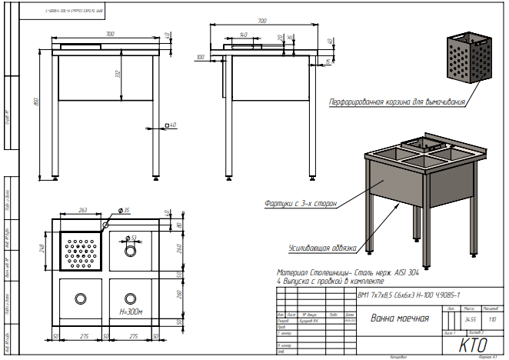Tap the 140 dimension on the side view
pyautogui.click(x=243, y=35)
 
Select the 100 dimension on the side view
pyautogui.click(x=201, y=57)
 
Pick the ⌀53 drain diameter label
pyautogui.click(x=132, y=238)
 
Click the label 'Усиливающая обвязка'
pyautogui.click(x=322, y=248)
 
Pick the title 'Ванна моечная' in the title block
pyautogui.click(x=399, y=318)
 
